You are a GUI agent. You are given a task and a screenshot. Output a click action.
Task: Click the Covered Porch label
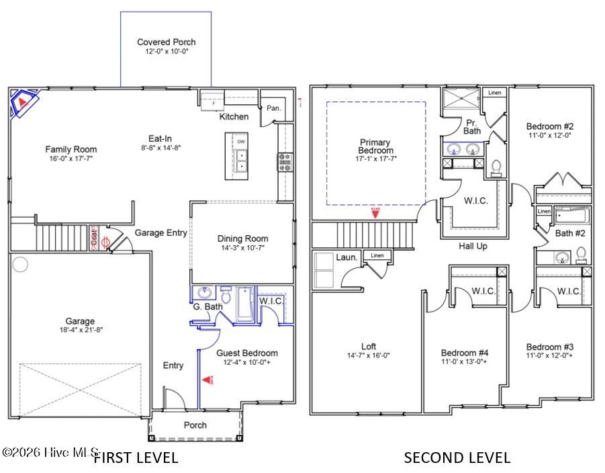(166, 42)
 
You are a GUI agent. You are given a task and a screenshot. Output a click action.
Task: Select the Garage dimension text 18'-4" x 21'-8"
(80, 331)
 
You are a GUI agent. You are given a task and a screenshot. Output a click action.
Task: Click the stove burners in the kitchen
(285, 161)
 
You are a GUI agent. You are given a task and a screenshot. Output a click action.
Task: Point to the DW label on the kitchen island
(240, 142)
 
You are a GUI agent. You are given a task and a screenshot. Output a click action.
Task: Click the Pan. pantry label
(273, 107)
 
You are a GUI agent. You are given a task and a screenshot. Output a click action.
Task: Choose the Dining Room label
(242, 239)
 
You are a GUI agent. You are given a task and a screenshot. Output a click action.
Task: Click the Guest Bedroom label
(246, 353)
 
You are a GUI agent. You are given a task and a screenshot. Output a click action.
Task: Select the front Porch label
(195, 425)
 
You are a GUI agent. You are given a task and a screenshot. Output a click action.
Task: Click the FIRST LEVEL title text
(135, 458)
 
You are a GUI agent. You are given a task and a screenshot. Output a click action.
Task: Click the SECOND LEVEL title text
(457, 458)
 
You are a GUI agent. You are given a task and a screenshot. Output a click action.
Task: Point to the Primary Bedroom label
(376, 146)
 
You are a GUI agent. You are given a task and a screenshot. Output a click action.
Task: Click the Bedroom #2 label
(550, 126)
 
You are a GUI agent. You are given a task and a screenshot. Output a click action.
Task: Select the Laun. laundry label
(346, 257)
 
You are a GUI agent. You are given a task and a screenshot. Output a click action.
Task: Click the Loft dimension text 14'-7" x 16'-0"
(368, 355)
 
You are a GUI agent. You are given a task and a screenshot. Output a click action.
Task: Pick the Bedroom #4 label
(464, 353)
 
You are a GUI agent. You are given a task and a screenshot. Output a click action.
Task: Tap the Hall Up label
(473, 247)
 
